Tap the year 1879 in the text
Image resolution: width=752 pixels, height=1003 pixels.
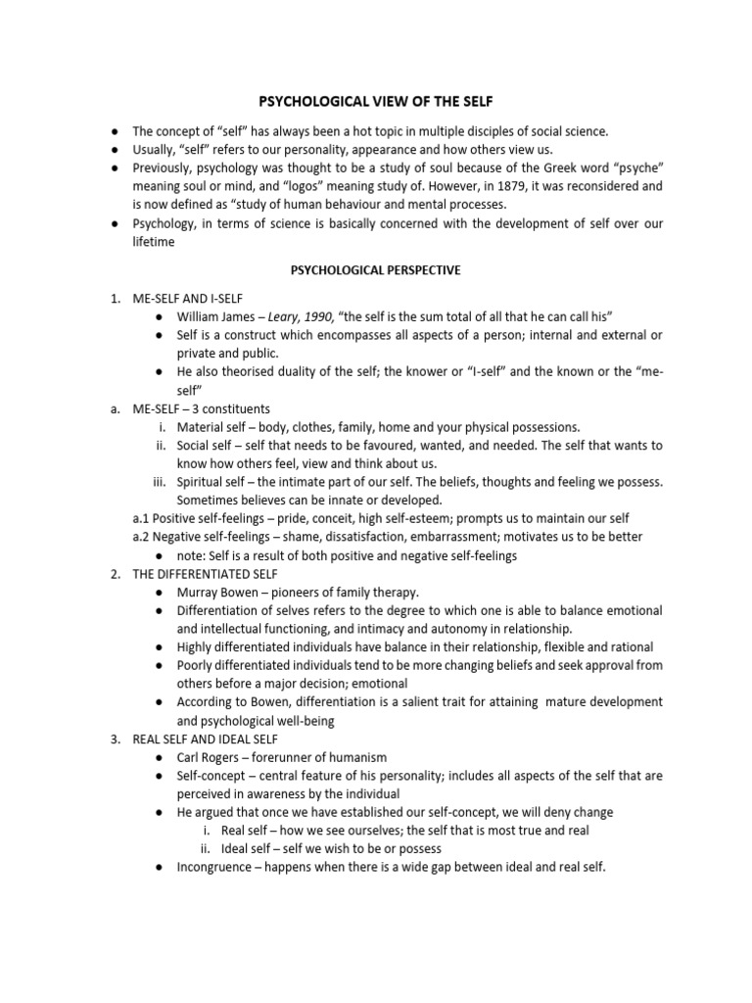tap(528, 185)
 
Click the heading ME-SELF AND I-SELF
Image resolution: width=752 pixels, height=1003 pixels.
tap(188, 298)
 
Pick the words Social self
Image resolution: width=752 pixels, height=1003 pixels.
tap(205, 446)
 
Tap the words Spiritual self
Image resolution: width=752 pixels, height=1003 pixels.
tap(212, 482)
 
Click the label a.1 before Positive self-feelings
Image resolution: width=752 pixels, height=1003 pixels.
tap(143, 518)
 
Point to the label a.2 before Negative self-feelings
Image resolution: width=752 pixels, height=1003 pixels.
tap(143, 537)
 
